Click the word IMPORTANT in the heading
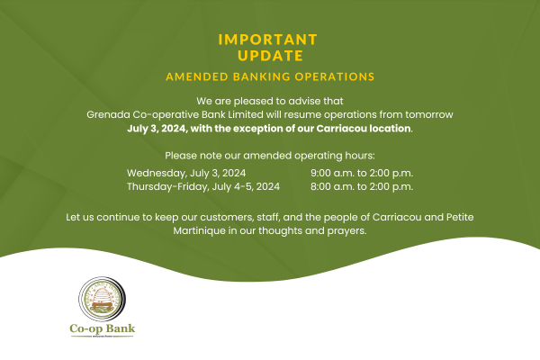(267, 40)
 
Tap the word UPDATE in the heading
(270, 56)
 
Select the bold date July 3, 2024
(157, 129)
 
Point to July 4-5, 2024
(246, 186)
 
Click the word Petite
(460, 217)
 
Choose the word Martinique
(199, 230)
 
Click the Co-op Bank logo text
(103, 328)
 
